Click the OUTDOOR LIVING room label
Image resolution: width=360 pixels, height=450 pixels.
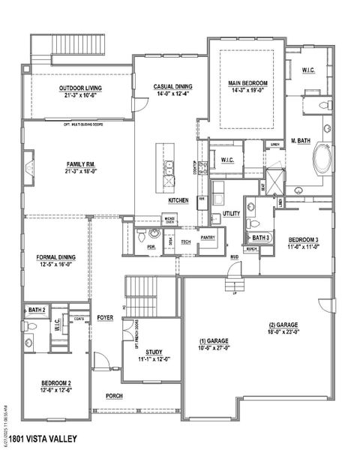80,88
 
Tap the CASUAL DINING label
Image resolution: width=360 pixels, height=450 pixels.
170,85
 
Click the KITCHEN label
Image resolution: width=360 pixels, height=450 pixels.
178,201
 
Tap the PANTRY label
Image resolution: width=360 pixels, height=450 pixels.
208,237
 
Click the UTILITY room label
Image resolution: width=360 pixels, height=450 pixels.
231,214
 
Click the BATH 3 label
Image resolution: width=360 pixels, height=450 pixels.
260,237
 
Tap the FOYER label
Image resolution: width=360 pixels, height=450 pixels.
105,318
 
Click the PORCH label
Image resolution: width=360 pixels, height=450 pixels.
114,396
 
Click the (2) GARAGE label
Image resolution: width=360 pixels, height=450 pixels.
283,325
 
